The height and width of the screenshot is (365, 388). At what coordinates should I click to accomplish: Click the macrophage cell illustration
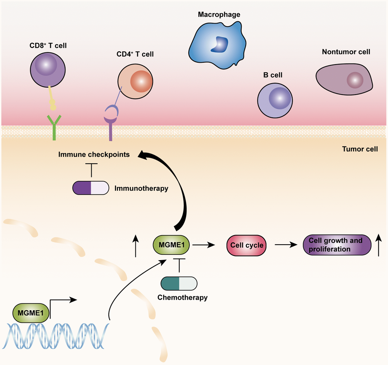[x=215, y=45]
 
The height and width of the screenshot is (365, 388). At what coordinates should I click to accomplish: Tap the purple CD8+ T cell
[x=48, y=70]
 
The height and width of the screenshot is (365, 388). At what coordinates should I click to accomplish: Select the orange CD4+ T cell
[x=135, y=81]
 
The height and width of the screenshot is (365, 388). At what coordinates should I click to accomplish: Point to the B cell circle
[x=275, y=100]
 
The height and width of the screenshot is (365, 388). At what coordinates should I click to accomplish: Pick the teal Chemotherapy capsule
[x=179, y=283]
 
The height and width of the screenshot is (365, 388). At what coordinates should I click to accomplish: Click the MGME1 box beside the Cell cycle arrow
[x=171, y=245]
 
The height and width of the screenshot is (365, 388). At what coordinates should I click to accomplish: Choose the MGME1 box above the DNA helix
[x=31, y=312]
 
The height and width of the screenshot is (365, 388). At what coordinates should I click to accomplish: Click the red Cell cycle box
[x=246, y=245]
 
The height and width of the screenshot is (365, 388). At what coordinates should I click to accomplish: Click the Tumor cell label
[x=360, y=149]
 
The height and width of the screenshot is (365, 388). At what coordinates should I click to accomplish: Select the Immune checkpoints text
[x=94, y=155]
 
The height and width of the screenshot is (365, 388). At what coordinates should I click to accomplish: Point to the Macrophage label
[x=219, y=14]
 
